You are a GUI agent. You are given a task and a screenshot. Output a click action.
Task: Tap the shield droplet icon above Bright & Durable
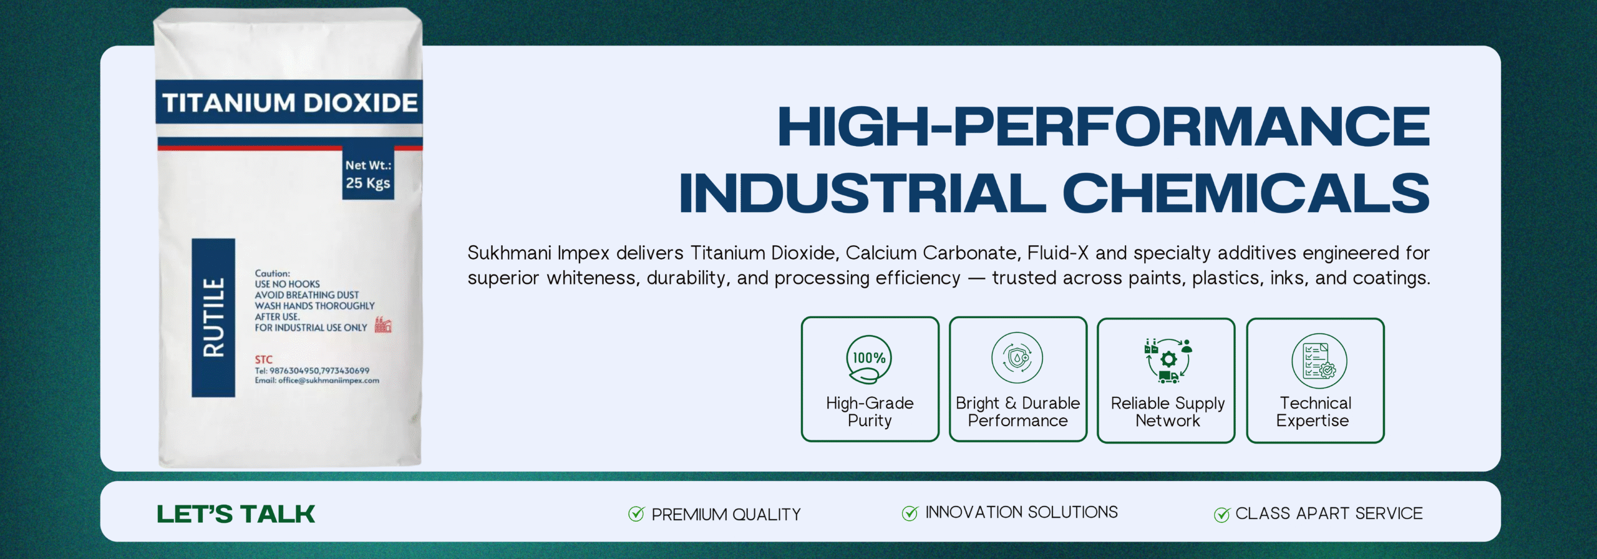pos(1017,357)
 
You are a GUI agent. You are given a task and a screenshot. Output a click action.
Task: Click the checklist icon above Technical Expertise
pos(1319,361)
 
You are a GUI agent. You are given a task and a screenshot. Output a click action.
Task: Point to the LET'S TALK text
pos(236,514)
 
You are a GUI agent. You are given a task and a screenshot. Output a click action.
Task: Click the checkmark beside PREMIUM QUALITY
pos(636,513)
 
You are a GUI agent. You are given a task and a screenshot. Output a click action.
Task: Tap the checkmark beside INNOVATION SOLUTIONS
pos(910,513)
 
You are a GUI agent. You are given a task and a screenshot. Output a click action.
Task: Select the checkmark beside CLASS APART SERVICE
pos(1221,514)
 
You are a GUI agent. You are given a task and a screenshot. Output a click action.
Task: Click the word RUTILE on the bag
pos(213,318)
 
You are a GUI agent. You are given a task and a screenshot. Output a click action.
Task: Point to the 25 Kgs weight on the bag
pos(368,183)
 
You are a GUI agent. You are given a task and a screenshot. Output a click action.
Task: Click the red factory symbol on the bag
pos(383,324)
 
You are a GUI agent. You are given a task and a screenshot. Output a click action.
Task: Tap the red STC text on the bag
pos(263,359)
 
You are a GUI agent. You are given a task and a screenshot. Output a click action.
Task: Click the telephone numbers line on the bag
pos(312,371)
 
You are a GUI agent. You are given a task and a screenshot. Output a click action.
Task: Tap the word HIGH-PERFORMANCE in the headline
pos(1104,127)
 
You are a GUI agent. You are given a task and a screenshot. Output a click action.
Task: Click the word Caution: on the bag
pos(272,273)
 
